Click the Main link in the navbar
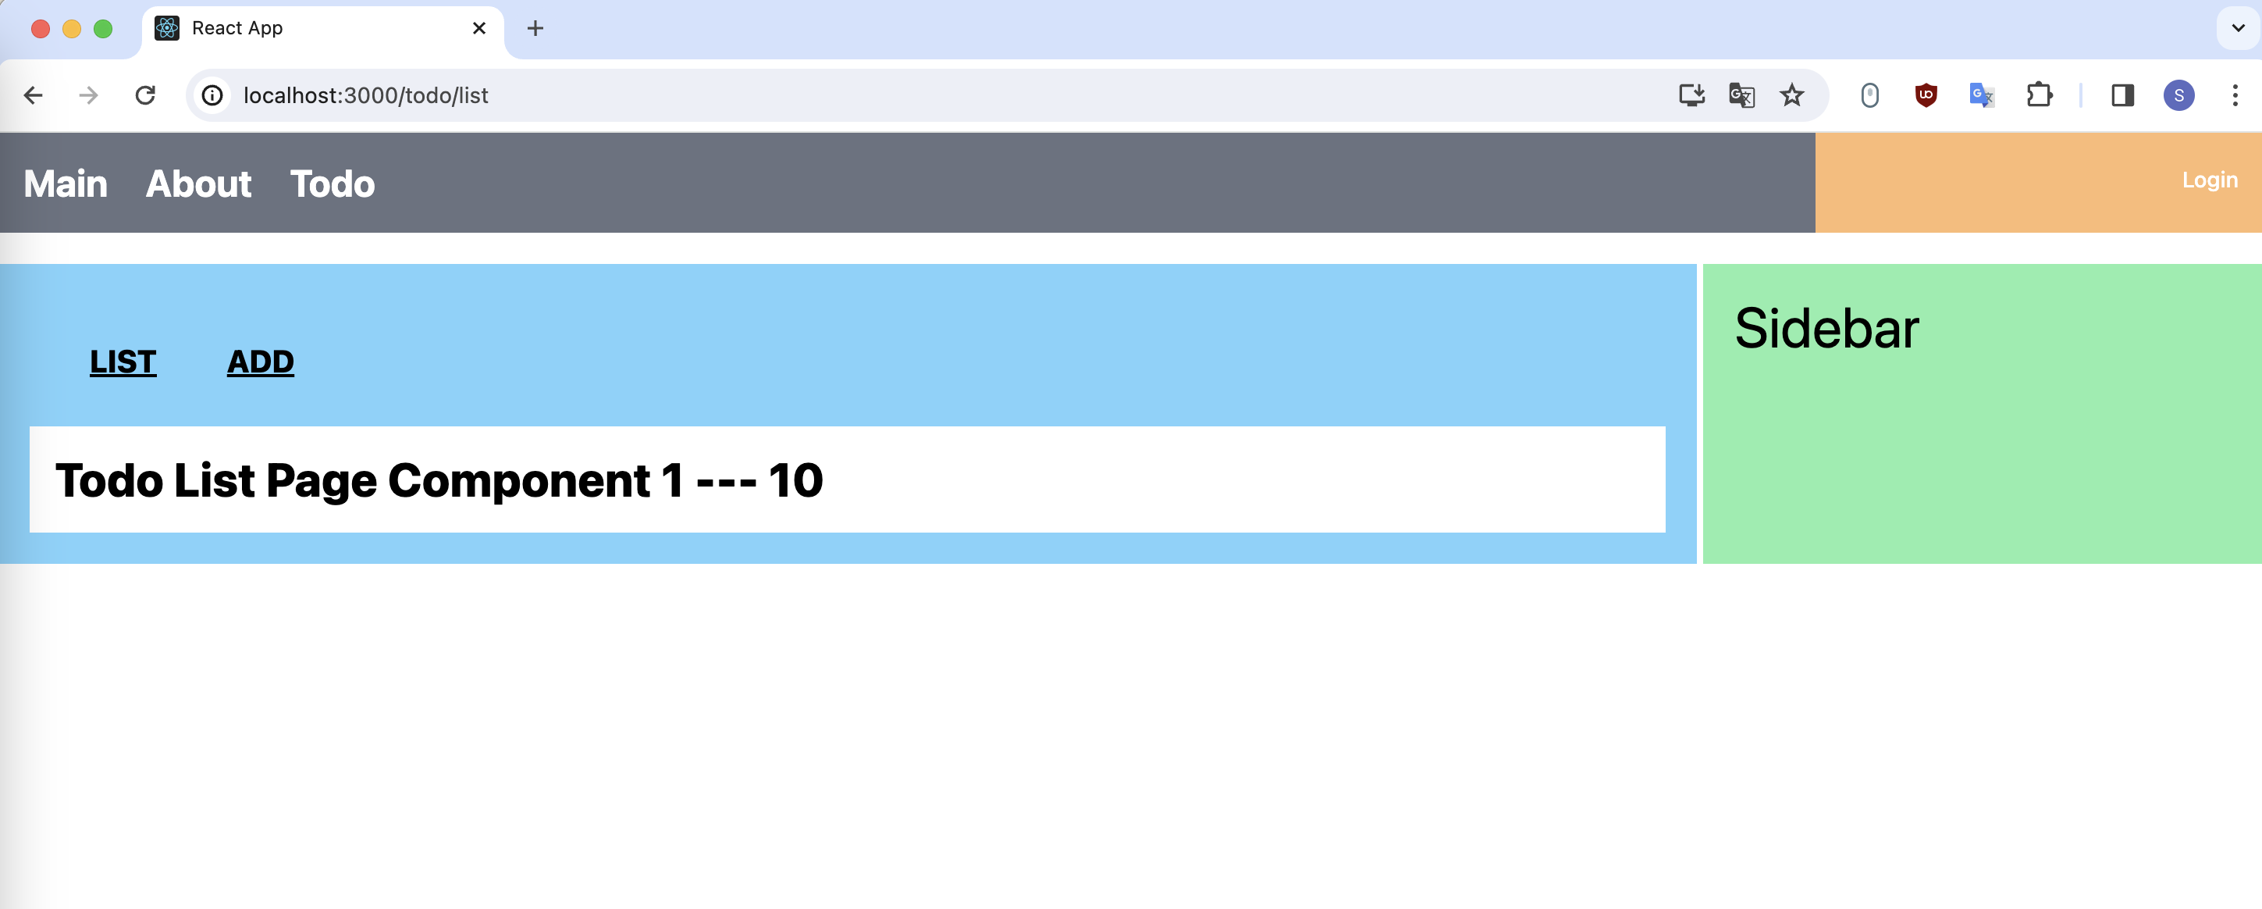pyautogui.click(x=66, y=184)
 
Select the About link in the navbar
pyautogui.click(x=198, y=184)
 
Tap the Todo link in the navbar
pyautogui.click(x=332, y=184)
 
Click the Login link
pyautogui.click(x=2209, y=180)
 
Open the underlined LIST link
pyautogui.click(x=123, y=362)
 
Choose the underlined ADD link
pyautogui.click(x=261, y=362)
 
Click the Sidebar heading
pyautogui.click(x=1826, y=329)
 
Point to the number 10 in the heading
pyautogui.click(x=795, y=480)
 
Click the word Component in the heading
pyautogui.click(x=518, y=480)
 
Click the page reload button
pyautogui.click(x=146, y=94)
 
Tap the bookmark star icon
pyautogui.click(x=1791, y=94)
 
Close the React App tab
pyautogui.click(x=479, y=28)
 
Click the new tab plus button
pyautogui.click(x=535, y=28)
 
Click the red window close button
pyautogui.click(x=41, y=29)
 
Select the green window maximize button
pyautogui.click(x=103, y=29)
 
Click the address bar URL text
pyautogui.click(x=365, y=94)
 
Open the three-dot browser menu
pyautogui.click(x=2235, y=94)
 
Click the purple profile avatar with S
pyautogui.click(x=2178, y=94)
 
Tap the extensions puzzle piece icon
pyautogui.click(x=2039, y=94)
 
